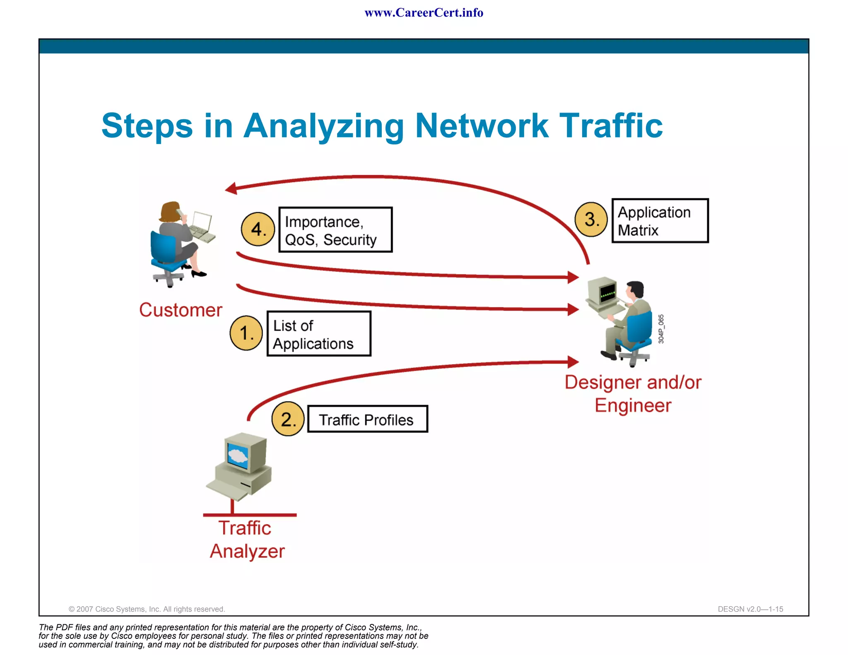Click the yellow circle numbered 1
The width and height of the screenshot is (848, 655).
click(x=246, y=333)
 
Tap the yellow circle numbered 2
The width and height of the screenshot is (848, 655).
click(x=288, y=419)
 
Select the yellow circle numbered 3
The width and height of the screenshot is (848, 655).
click(x=591, y=219)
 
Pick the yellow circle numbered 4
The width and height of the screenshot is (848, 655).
click(x=258, y=229)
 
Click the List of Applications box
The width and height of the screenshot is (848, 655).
click(x=319, y=334)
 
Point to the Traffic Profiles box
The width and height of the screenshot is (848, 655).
click(x=367, y=419)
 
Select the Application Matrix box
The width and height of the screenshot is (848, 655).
click(x=660, y=221)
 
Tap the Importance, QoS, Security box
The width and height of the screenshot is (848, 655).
click(x=335, y=230)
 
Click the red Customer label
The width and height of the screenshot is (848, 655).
click(x=181, y=310)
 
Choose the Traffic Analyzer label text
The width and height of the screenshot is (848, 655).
click(x=247, y=539)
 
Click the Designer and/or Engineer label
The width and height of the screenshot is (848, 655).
click(x=633, y=394)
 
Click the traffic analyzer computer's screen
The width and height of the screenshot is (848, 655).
click(x=238, y=455)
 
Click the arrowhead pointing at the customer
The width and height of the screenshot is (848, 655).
click(x=231, y=188)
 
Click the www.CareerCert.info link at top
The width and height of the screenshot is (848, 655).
click(x=424, y=13)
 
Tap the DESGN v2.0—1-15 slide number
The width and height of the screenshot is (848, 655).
click(x=750, y=609)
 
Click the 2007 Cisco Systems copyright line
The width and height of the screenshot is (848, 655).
click(x=147, y=609)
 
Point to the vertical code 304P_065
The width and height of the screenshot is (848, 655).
click(x=661, y=329)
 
